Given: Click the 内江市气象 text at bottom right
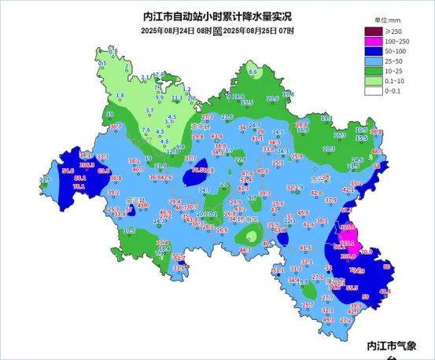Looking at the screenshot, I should (x=400, y=344).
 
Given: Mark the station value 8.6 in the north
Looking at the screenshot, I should (x=253, y=72).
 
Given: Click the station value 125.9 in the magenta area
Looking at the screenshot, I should (x=347, y=227).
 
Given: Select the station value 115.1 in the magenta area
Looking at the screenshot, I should (x=348, y=244).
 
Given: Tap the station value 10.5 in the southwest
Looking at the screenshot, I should (x=129, y=230).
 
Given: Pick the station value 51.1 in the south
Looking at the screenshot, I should (x=278, y=271).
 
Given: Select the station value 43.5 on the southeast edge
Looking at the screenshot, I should (x=385, y=292).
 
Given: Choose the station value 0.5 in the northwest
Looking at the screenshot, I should (x=102, y=63).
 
